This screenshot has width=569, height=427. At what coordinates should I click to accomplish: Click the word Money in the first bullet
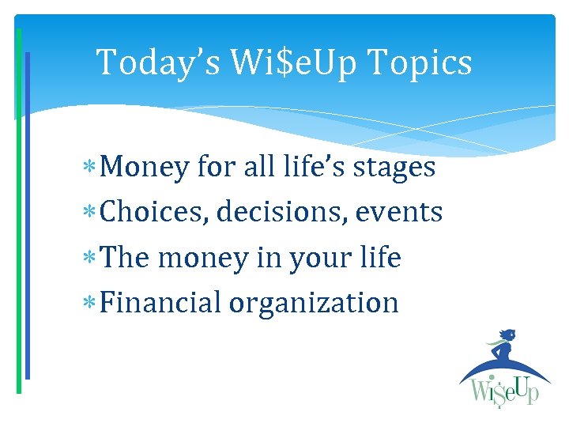pyautogui.click(x=145, y=168)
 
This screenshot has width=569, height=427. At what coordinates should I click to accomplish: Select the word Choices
pyautogui.click(x=153, y=213)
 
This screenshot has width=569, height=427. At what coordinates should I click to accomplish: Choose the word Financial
pyautogui.click(x=161, y=303)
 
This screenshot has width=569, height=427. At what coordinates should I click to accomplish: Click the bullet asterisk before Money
pyautogui.click(x=95, y=168)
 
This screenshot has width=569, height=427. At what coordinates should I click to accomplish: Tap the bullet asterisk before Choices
pyautogui.click(x=95, y=213)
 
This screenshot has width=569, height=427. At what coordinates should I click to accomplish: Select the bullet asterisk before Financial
pyautogui.click(x=95, y=304)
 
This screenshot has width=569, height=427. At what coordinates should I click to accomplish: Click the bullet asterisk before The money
pyautogui.click(x=95, y=259)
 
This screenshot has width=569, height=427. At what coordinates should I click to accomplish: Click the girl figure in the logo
pyautogui.click(x=503, y=348)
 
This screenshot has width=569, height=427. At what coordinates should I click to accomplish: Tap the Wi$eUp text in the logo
pyautogui.click(x=505, y=391)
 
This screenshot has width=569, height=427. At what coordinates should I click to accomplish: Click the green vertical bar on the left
pyautogui.click(x=19, y=213)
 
